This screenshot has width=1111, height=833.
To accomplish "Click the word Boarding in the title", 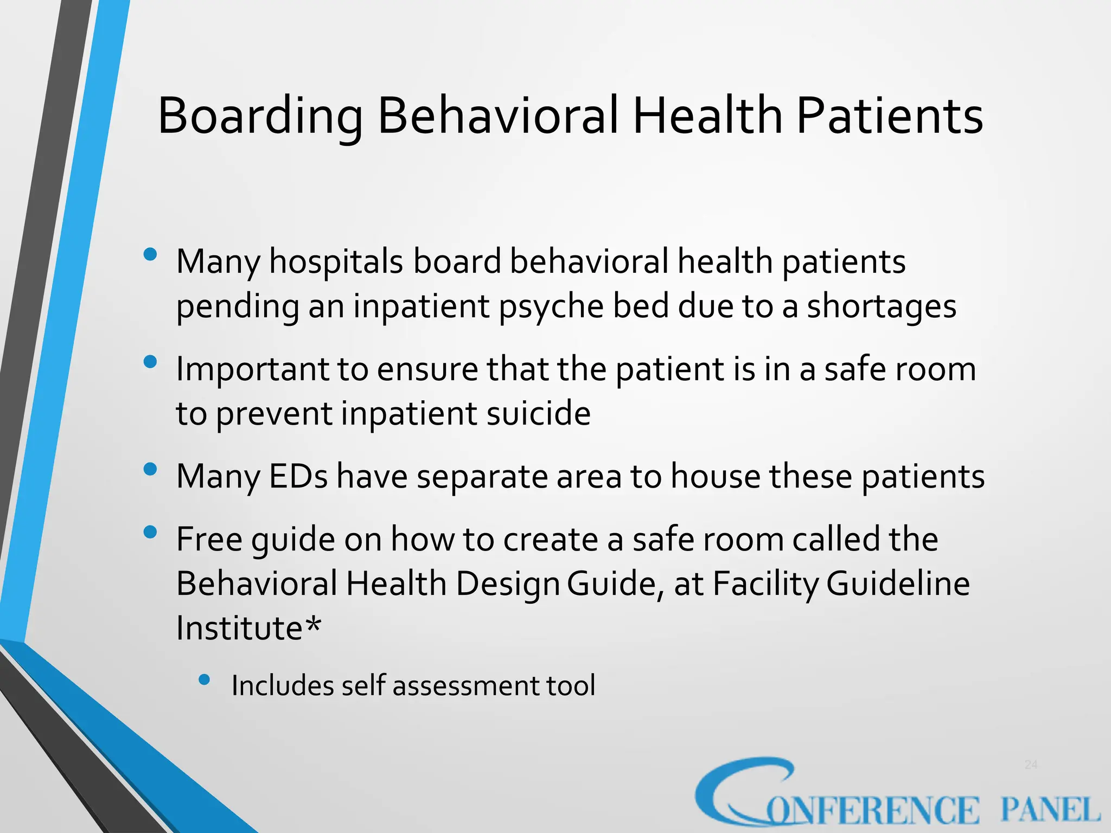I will [259, 117].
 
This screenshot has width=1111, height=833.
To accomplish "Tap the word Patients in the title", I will [889, 117].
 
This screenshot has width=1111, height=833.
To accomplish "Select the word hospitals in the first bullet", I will [336, 262].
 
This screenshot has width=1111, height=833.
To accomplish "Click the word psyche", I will [551, 307].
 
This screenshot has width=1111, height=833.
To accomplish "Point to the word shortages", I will [882, 307].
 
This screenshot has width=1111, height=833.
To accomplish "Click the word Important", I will [252, 370].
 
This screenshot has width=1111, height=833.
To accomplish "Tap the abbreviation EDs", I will [298, 477].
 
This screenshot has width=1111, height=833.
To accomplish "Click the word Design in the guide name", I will [507, 584].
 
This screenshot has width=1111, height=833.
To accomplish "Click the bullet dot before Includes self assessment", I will [204, 680].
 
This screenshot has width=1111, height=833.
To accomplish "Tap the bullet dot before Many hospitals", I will [150, 254].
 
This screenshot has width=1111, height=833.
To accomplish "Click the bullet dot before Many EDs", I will [150, 469].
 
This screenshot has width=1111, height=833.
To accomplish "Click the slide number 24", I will [1031, 765].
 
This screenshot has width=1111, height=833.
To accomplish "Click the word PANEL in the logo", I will [1050, 810].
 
